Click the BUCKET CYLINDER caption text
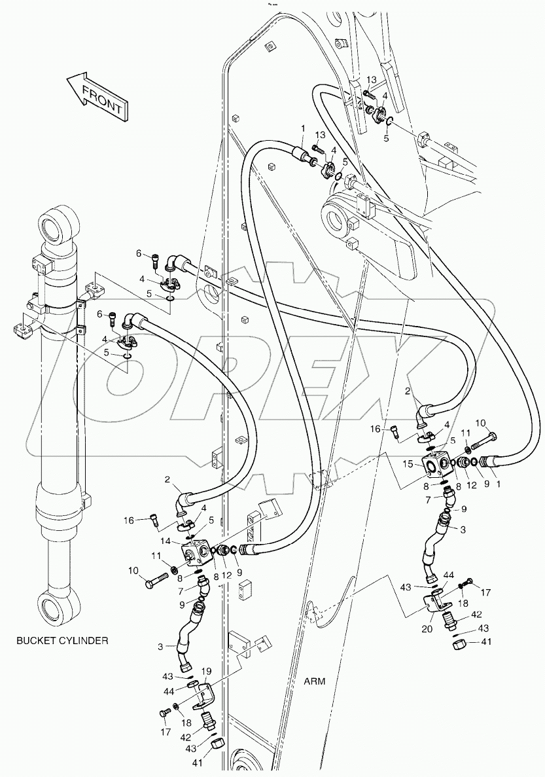click(62, 640)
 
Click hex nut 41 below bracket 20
click(459, 644)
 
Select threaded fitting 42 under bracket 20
click(450, 619)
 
